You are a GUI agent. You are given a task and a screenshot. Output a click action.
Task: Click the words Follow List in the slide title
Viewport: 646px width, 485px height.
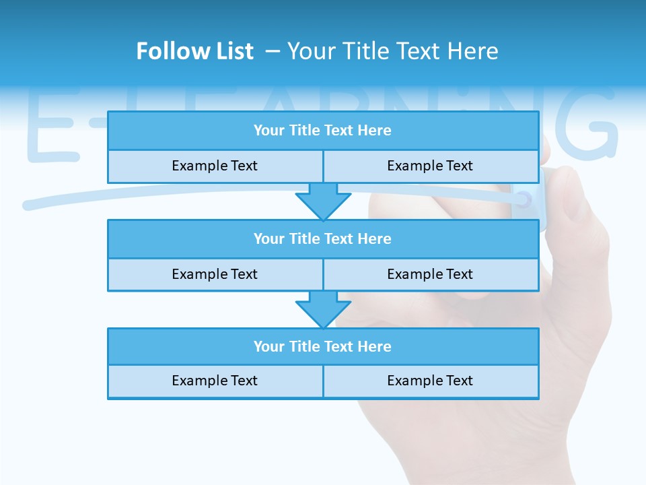tap(194, 51)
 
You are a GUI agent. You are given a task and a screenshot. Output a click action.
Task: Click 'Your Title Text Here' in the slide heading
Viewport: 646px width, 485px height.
tap(392, 51)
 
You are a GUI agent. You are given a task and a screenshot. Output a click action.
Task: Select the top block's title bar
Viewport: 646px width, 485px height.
tap(323, 131)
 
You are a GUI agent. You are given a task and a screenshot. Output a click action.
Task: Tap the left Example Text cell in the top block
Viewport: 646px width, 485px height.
tap(215, 166)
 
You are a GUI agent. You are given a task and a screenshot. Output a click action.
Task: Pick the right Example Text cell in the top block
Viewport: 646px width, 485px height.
tap(430, 166)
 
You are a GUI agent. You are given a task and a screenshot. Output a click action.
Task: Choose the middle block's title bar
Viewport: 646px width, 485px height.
tap(323, 238)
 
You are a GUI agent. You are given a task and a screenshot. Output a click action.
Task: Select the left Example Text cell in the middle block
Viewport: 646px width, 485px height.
tap(215, 274)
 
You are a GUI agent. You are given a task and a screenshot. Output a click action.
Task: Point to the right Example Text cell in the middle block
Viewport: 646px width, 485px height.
tap(430, 274)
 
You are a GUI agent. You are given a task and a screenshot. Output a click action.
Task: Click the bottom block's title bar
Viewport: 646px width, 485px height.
tap(323, 346)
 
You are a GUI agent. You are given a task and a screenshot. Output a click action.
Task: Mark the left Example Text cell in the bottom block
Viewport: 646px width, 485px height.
tap(215, 381)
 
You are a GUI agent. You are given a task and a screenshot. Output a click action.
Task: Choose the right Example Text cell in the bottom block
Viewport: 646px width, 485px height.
tap(430, 381)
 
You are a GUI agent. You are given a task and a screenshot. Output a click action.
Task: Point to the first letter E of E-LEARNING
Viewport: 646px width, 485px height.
tap(50, 125)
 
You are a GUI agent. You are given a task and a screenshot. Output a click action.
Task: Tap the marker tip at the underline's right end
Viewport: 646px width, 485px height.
tap(524, 199)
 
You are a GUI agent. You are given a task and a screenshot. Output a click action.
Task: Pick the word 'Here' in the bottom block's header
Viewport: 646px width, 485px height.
tap(375, 346)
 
